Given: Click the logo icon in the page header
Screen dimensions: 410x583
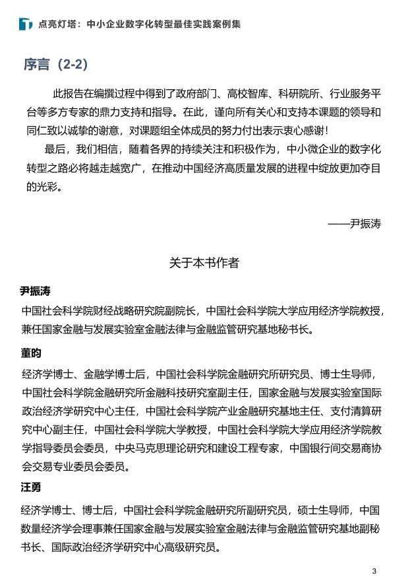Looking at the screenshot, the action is tap(26, 24).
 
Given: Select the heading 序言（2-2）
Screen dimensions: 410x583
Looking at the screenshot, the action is tap(55, 65).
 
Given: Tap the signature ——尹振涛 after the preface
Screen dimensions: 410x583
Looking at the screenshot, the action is tap(354, 223).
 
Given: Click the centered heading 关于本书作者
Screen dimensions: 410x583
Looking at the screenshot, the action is tap(204, 263).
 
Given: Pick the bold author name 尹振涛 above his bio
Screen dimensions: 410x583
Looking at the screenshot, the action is tap(35, 291).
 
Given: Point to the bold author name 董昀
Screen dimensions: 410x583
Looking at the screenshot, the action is tap(30, 353).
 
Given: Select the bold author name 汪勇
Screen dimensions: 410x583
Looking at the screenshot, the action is tap(30, 487).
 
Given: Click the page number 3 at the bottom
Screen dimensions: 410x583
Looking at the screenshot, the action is tap(374, 571).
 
